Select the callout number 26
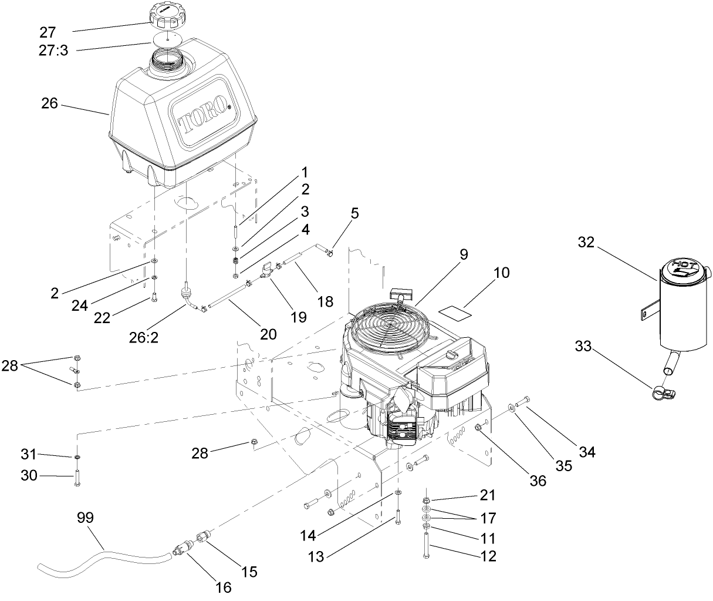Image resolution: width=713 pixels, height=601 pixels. click(x=50, y=103)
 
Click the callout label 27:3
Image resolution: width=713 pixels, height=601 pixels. click(x=54, y=51)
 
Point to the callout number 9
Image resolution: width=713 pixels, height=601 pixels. click(x=464, y=255)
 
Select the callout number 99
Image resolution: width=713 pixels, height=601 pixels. click(x=86, y=518)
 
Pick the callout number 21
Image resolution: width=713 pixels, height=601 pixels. click(x=488, y=495)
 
